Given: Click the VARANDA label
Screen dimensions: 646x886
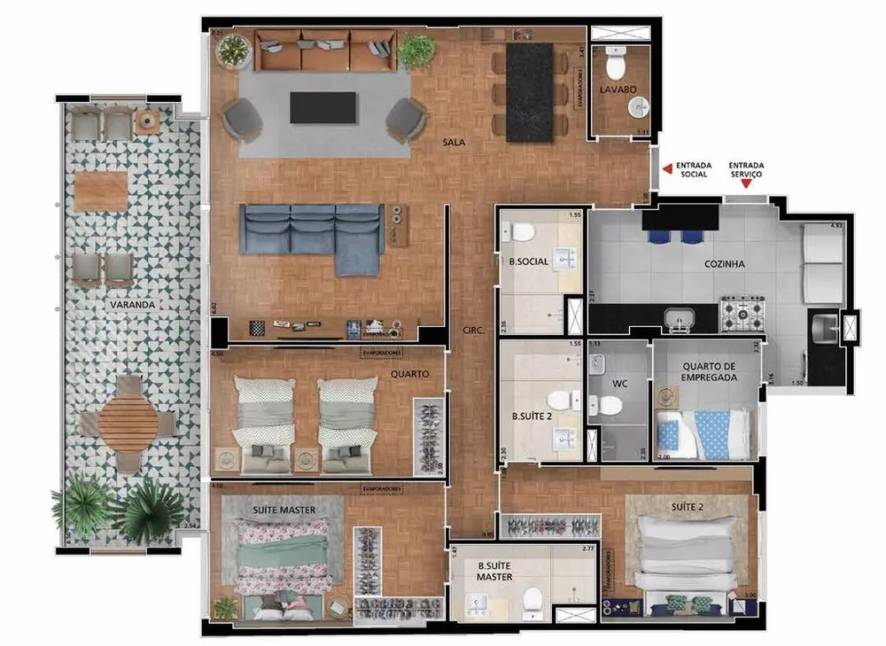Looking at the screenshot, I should click(x=133, y=305).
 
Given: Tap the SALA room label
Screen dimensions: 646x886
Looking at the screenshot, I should click(x=456, y=142).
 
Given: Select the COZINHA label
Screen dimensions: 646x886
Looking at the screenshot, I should click(x=726, y=263).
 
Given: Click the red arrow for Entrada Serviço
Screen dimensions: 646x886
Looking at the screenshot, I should click(x=746, y=183).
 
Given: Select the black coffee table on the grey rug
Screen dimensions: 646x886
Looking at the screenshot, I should click(x=323, y=107).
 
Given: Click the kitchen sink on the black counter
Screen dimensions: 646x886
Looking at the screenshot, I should click(x=680, y=316).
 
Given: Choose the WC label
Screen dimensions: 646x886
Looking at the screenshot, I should click(x=619, y=385).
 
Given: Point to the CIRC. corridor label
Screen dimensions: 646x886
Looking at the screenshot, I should click(x=472, y=331).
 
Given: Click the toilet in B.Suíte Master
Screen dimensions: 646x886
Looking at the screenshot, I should click(x=532, y=602).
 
